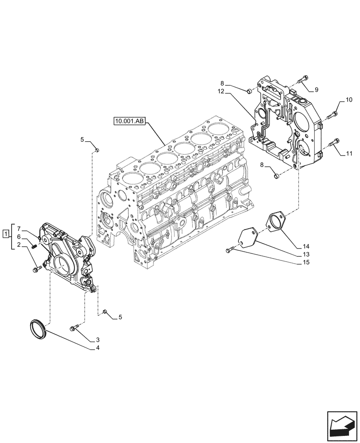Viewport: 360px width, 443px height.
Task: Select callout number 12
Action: [x=221, y=92]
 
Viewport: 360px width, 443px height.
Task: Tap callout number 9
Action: [x=317, y=90]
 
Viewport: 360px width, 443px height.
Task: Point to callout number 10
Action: [x=349, y=100]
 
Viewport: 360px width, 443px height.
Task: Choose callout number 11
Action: [x=349, y=154]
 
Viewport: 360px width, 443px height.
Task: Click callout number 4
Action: [x=97, y=348]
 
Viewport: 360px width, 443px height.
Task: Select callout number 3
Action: [x=97, y=340]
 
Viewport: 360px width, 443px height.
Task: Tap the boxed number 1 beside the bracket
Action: [x=5, y=233]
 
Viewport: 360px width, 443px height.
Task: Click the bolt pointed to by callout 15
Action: [x=230, y=250]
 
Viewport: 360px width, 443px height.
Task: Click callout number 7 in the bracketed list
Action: [x=19, y=229]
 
